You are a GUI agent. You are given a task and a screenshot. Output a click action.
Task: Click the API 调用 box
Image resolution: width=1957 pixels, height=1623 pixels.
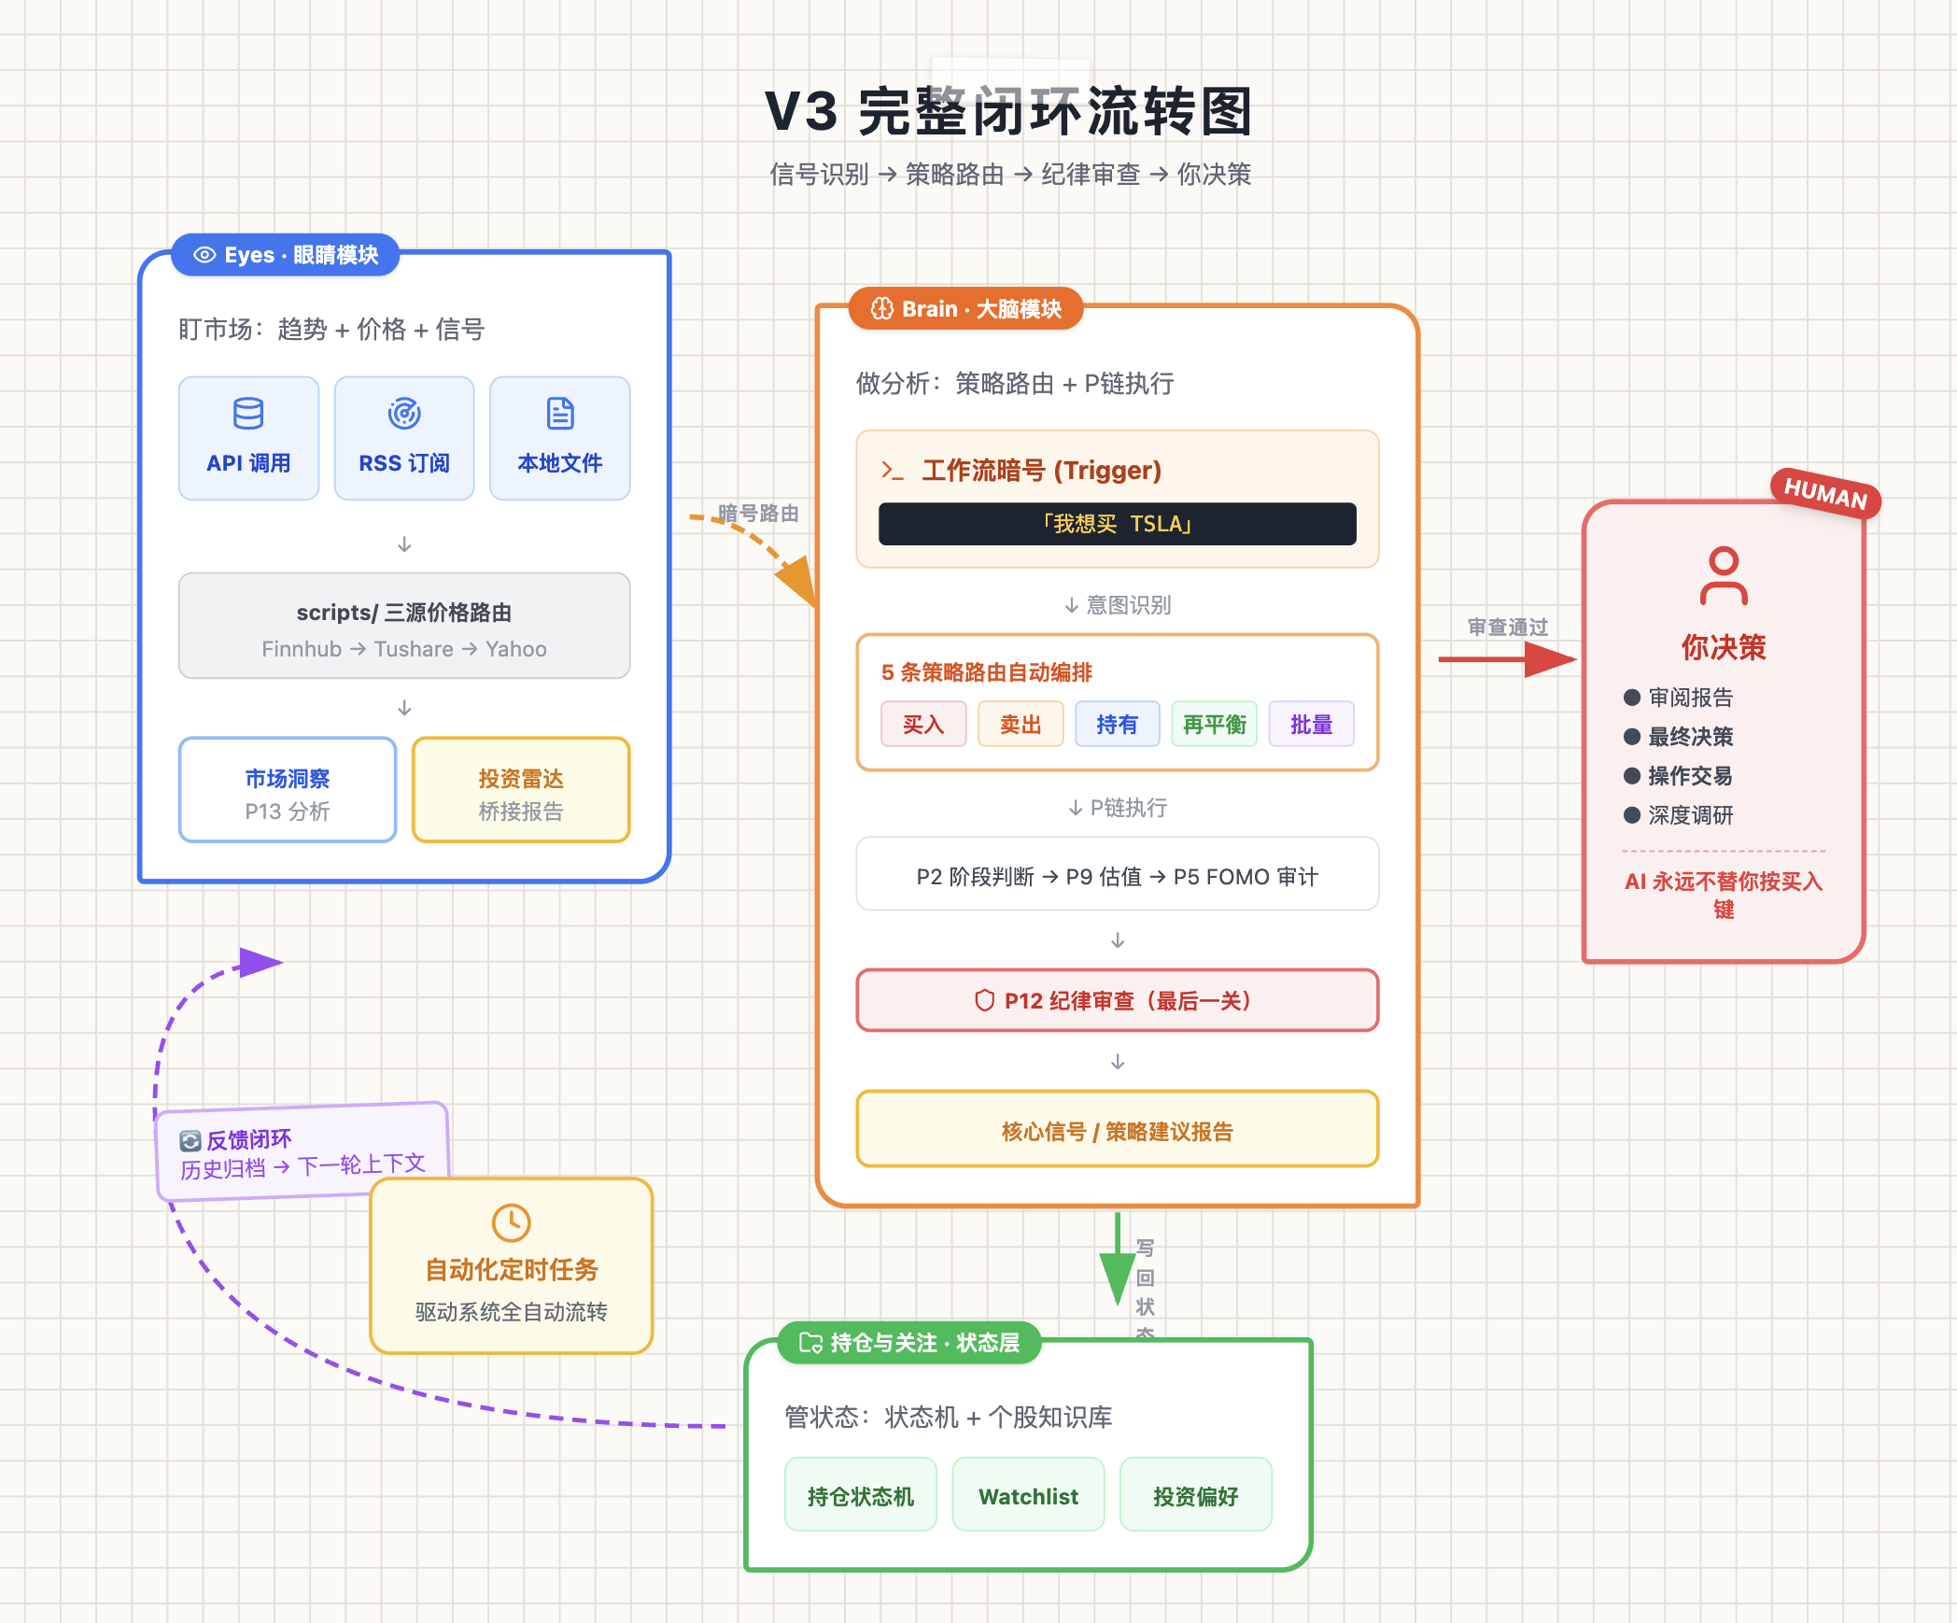tap(248, 438)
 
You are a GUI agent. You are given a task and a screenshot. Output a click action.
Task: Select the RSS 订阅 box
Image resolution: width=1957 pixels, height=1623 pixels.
tap(404, 438)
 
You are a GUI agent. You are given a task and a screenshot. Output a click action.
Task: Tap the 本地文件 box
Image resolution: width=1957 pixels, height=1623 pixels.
tap(559, 438)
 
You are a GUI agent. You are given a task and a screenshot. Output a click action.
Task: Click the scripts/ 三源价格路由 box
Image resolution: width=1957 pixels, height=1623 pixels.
tap(404, 626)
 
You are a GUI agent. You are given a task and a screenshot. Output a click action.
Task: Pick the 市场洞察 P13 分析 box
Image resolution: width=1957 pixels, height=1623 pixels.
tap(288, 790)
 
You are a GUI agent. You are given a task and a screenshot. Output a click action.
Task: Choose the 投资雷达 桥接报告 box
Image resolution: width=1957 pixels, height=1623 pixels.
tap(521, 790)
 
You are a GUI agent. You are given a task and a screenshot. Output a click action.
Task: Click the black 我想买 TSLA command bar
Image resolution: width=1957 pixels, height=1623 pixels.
tap(1117, 524)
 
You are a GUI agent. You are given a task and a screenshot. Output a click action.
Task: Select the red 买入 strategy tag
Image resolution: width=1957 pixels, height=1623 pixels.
tap(923, 725)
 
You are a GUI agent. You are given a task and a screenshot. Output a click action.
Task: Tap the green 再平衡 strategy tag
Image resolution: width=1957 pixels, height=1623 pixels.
tap(1214, 725)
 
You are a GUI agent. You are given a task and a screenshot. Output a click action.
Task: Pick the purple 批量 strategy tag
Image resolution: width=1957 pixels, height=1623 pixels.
tap(1311, 725)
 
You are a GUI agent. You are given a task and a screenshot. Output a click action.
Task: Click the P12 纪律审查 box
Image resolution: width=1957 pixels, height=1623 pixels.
tap(1117, 1000)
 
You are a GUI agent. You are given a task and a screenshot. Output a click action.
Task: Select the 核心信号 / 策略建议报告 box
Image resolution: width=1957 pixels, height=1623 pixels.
tap(1117, 1130)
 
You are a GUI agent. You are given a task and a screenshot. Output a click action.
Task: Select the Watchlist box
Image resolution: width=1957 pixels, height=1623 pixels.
tap(1028, 1495)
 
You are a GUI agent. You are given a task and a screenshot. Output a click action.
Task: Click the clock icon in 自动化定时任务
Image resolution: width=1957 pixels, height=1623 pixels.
tap(511, 1222)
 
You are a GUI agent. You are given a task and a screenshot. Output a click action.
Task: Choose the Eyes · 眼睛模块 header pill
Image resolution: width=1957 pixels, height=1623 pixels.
tap(286, 255)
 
